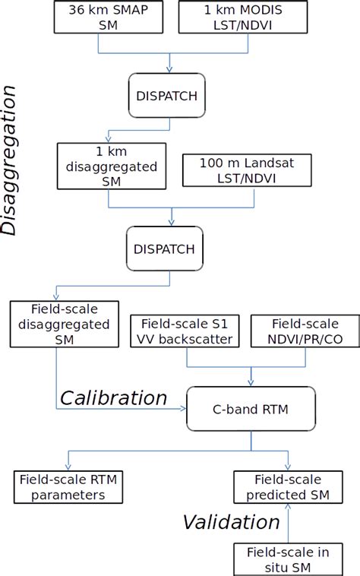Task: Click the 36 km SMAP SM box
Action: pos(99,17)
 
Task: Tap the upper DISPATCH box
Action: pos(168,96)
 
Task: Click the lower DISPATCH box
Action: pos(168,248)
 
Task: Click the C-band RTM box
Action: pos(251,408)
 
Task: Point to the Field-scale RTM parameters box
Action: pos(69,486)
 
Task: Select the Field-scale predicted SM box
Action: pos(288,486)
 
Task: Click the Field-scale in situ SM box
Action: pos(288,559)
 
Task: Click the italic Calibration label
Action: pos(113,397)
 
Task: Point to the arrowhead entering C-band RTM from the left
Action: pos(182,409)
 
